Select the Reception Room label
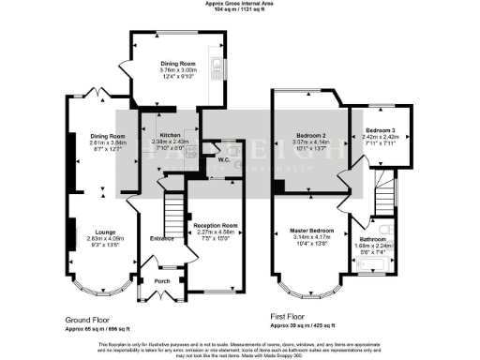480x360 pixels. pos(214,225)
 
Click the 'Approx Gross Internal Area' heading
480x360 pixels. pos(240,4)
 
